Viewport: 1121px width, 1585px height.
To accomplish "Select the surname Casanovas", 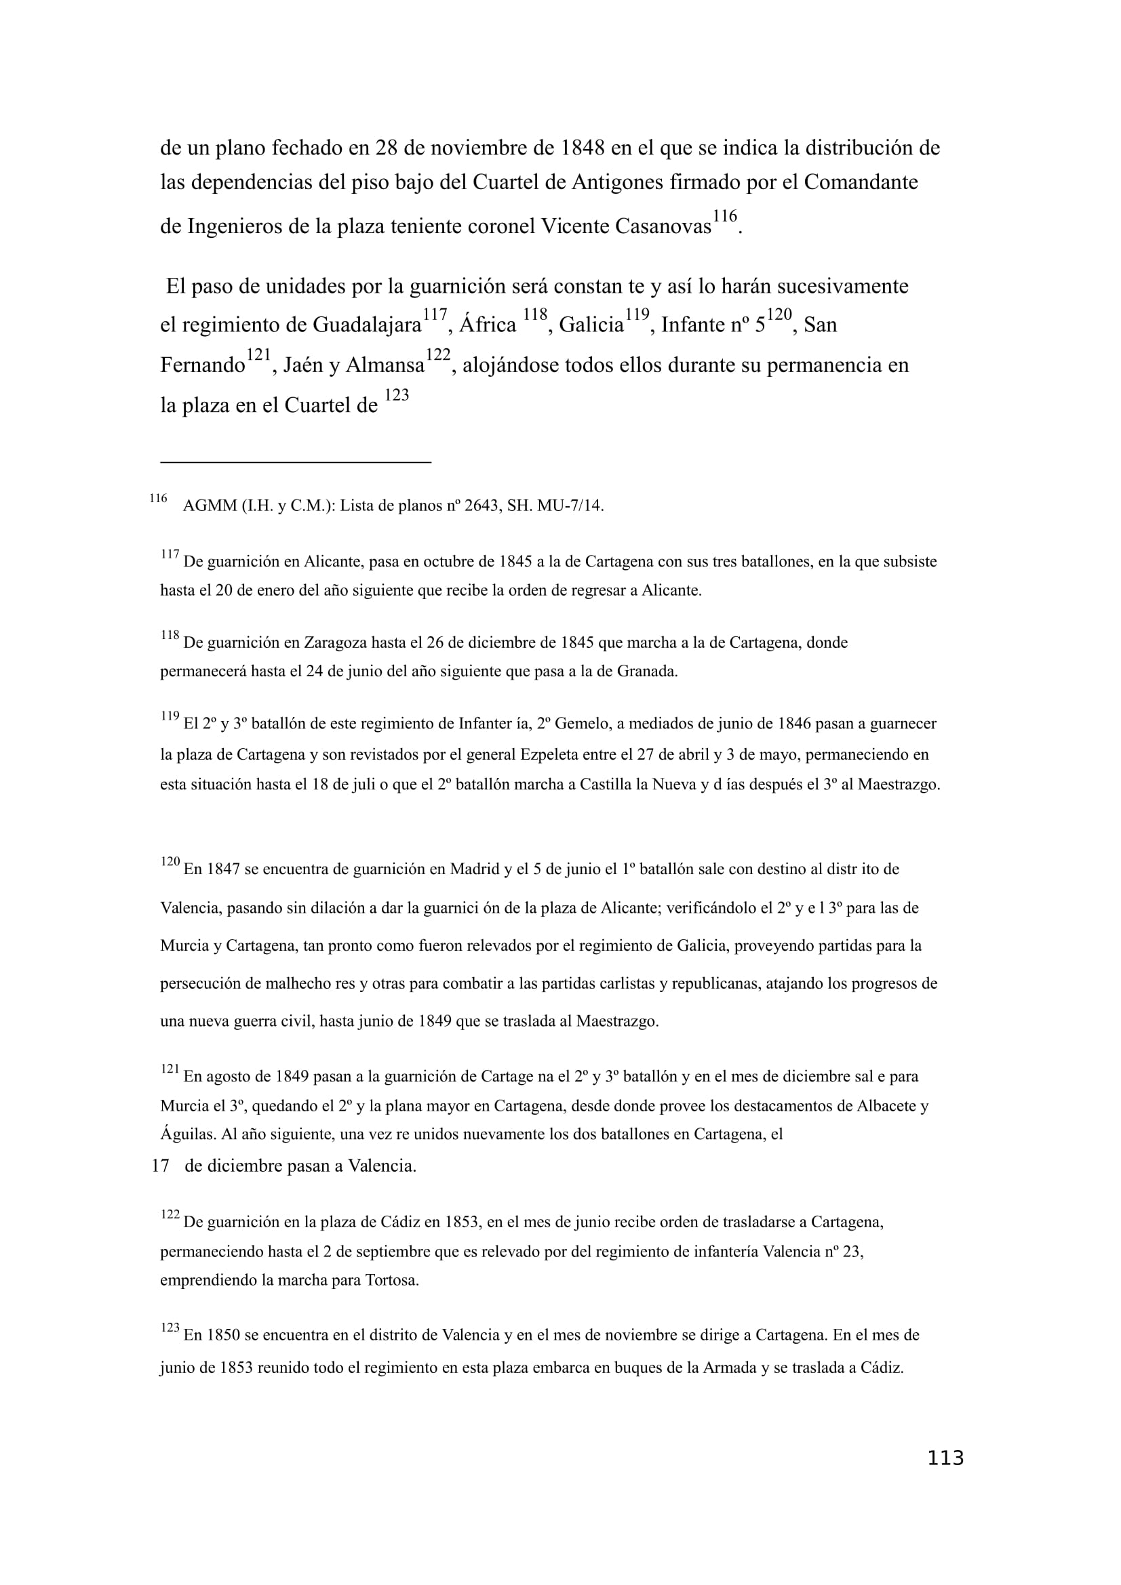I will click(659, 226).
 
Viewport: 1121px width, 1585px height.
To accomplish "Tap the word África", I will click(488, 325).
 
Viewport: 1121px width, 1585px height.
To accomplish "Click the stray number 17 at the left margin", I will click(160, 1166).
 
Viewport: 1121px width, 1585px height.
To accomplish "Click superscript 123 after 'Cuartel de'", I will click(397, 396).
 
